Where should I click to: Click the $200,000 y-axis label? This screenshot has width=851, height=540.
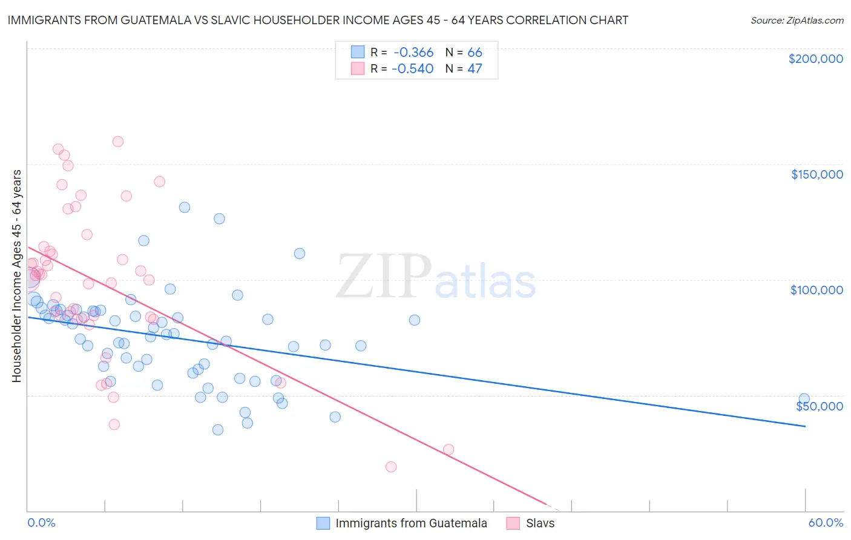[815, 59]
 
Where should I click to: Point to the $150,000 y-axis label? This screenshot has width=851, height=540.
[816, 174]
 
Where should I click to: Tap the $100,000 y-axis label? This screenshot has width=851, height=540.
[816, 290]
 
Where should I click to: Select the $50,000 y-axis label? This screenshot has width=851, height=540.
[820, 406]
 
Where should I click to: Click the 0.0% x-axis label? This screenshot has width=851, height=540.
[41, 523]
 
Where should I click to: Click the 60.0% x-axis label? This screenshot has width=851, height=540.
[826, 523]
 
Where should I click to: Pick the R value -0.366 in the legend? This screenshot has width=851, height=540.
[413, 53]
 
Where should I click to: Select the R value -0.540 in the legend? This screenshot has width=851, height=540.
[413, 69]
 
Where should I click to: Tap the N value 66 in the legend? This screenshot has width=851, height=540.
[475, 53]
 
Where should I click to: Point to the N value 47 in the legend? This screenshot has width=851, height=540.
[475, 69]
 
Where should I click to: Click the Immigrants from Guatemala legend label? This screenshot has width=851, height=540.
[411, 524]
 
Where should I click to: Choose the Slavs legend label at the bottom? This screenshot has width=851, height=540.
[540, 524]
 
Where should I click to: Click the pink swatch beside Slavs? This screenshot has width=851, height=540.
[513, 524]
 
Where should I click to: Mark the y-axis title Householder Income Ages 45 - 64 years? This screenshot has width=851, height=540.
[17, 276]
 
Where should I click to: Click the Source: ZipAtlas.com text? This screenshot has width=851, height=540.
[797, 21]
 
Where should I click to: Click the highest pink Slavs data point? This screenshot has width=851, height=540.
[118, 142]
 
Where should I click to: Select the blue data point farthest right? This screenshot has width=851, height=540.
[804, 399]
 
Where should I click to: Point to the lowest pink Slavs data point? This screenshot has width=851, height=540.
[391, 467]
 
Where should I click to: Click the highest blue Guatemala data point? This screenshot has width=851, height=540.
[185, 207]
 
